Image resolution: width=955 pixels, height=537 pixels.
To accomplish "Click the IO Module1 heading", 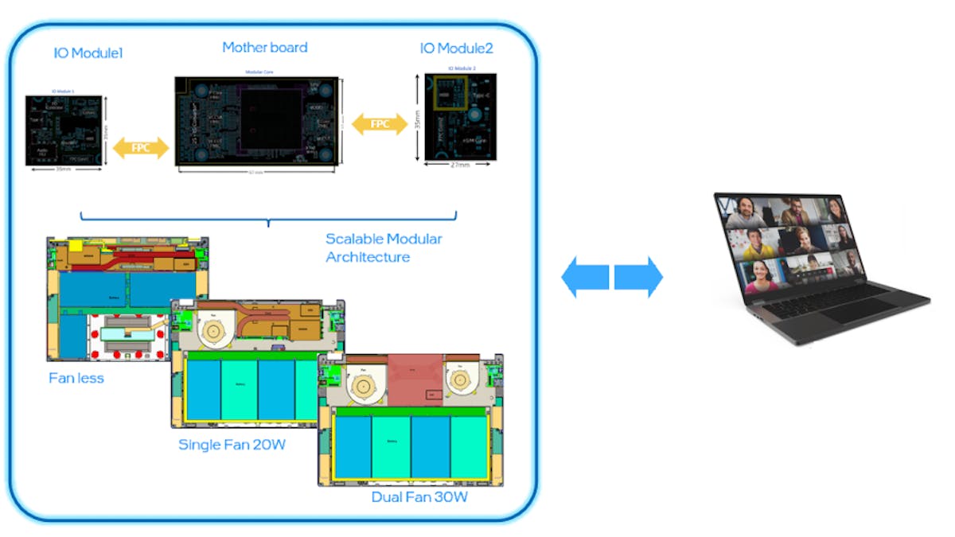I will point(88,53).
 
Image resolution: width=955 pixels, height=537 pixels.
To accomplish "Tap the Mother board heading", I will point(264,48).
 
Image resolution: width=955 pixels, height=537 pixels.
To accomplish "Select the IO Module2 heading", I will point(456,49).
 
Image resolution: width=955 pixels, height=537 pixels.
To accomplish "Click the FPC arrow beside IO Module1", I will point(141,147).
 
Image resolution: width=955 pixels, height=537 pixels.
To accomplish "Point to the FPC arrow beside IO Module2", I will point(380,123).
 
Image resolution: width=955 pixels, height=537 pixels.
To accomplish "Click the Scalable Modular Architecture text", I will point(384,247).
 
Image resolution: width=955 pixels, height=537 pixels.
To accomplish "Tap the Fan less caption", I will point(76,378).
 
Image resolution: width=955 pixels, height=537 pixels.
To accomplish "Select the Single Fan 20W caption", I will point(232,445).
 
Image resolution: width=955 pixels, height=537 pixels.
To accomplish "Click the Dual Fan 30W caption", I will point(419,498).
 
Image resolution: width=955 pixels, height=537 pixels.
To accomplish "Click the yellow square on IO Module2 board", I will point(443,94).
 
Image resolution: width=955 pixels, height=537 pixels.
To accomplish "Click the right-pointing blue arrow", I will point(639,277).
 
